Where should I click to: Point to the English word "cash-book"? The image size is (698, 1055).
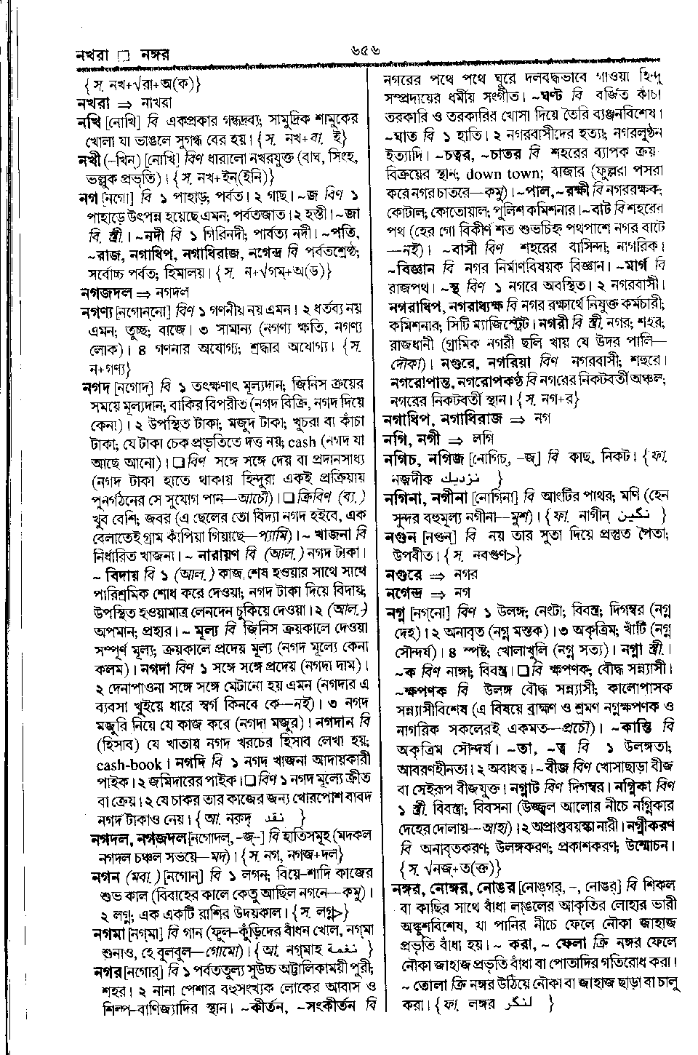125,744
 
